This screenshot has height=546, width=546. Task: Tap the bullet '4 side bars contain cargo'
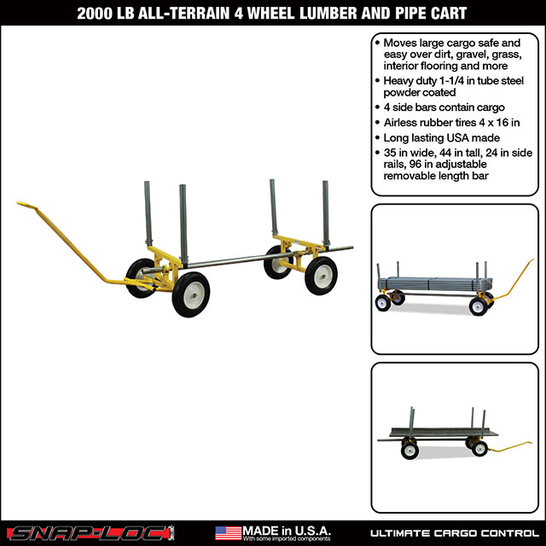click(x=439, y=108)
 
